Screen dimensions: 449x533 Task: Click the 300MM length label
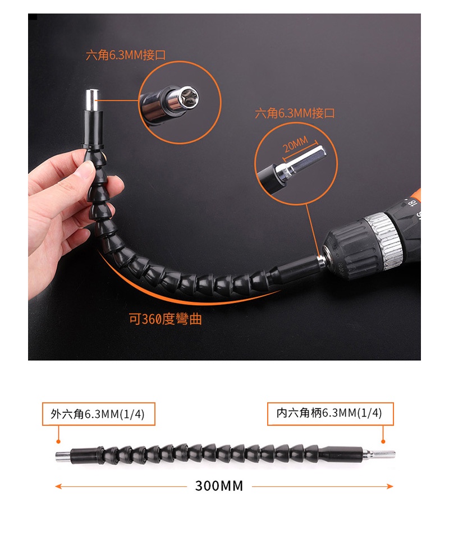tap(219, 486)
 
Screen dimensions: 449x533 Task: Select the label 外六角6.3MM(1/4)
tap(98, 413)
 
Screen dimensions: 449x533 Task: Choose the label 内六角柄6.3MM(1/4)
tap(329, 413)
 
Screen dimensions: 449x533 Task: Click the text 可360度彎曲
tap(166, 319)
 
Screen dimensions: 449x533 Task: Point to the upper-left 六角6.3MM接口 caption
tap(126, 55)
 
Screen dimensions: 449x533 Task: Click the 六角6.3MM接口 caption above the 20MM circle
tap(295, 113)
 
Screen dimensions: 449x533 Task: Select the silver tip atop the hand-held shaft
tap(92, 100)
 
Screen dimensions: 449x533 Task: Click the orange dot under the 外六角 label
tap(58, 441)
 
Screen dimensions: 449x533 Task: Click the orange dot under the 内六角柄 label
tap(383, 441)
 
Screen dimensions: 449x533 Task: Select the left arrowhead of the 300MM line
tap(58, 486)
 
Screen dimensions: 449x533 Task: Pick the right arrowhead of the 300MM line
tap(390, 486)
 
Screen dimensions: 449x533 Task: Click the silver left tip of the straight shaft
tap(63, 455)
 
